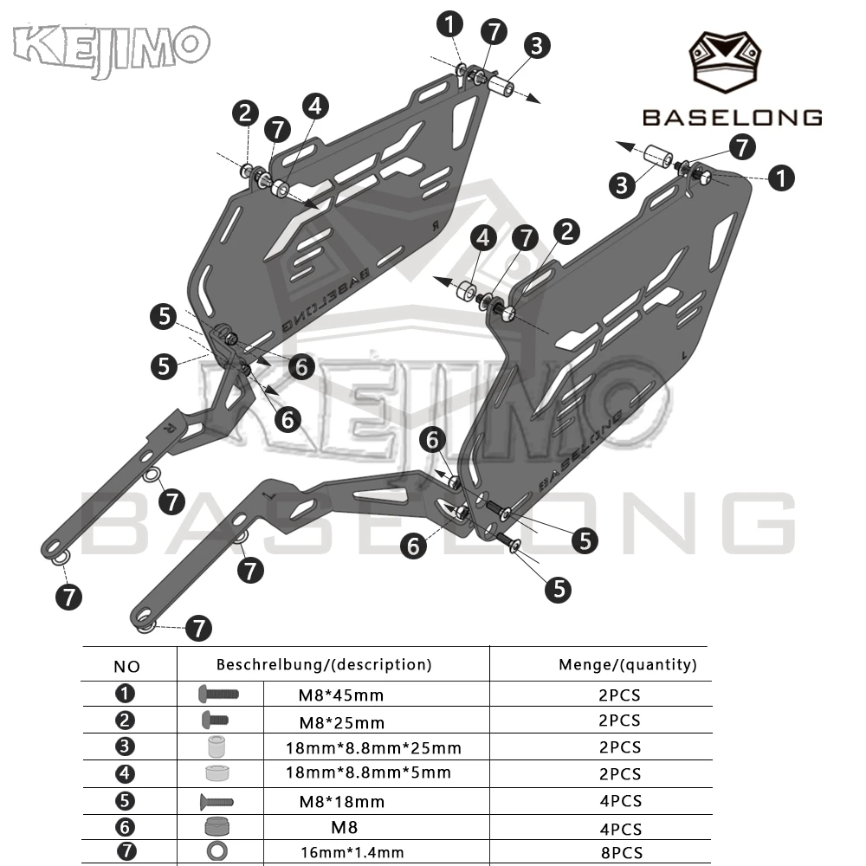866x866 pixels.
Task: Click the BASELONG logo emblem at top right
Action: [x=725, y=61]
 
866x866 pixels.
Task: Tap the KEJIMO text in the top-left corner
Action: [x=112, y=49]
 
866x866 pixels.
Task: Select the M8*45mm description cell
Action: [x=341, y=695]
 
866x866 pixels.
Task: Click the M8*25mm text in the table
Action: [x=342, y=722]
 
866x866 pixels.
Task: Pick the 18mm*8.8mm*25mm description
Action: [x=373, y=748]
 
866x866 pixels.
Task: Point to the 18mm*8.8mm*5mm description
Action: [x=368, y=772]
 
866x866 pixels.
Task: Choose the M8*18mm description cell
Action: [x=342, y=801]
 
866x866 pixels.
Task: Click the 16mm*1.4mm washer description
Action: [x=352, y=852]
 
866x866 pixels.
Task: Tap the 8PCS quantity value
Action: [x=622, y=853]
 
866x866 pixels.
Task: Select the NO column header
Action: [x=127, y=667]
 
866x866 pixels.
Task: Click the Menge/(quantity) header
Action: [x=628, y=664]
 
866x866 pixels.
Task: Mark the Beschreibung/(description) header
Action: [x=324, y=664]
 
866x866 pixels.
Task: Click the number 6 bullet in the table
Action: [x=126, y=827]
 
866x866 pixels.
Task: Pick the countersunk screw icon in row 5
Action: [x=216, y=801]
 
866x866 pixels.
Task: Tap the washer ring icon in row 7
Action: [x=217, y=851]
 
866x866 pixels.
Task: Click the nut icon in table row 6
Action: [x=217, y=826]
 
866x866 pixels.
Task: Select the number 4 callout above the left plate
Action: [x=315, y=106]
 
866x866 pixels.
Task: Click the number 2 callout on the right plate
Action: [x=566, y=231]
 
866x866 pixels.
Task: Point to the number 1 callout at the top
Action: [x=449, y=24]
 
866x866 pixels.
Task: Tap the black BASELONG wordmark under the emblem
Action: [x=733, y=118]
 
